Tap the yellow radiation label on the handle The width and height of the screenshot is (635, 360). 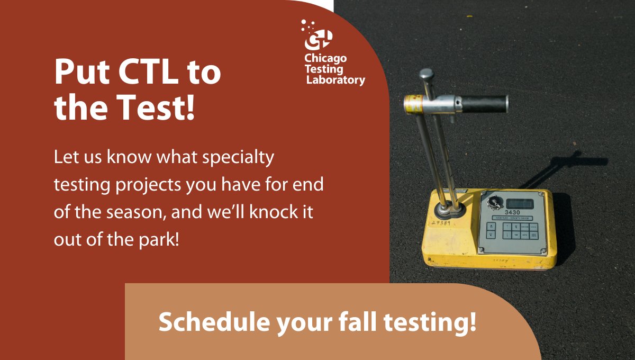point(413,103)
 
